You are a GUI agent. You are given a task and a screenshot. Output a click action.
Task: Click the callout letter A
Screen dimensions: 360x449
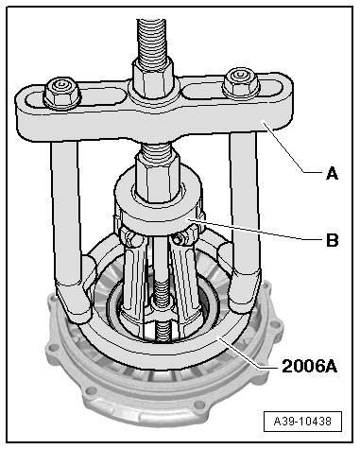332,174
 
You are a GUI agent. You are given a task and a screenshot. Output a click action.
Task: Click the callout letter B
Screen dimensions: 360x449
332,240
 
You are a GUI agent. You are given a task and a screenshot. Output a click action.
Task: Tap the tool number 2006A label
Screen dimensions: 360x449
309,367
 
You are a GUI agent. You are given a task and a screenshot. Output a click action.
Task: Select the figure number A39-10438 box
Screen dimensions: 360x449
302,422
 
